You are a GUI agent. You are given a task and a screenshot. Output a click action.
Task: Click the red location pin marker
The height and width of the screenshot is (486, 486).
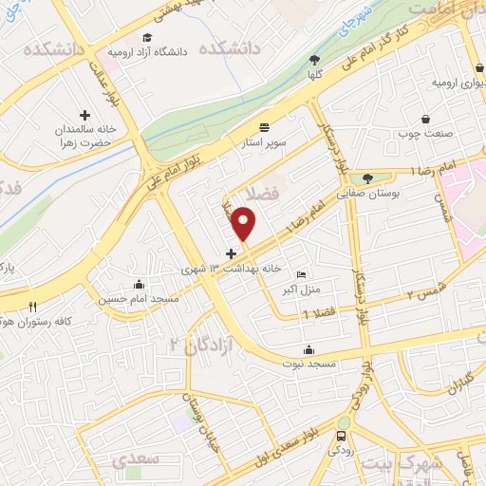pos(245,223)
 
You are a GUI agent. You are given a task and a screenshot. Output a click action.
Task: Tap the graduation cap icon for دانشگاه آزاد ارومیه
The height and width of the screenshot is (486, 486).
pos(147,37)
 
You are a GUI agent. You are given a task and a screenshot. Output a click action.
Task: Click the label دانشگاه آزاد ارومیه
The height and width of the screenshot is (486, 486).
pos(149,50)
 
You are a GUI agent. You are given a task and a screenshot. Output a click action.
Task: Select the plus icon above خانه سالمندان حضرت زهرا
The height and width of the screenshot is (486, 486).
pos(84,115)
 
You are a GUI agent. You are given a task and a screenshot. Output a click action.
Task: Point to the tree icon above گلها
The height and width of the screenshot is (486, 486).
pos(313,59)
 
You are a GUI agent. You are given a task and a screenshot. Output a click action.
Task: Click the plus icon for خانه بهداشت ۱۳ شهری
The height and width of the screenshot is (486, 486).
pos(231,253)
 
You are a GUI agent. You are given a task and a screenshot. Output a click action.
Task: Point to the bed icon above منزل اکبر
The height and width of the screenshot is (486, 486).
pos(302,274)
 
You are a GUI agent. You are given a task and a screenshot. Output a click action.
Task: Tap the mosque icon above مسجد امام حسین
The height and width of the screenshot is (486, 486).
pos(140,284)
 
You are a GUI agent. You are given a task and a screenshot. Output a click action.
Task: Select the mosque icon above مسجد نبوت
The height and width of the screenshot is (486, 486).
pos(307,349)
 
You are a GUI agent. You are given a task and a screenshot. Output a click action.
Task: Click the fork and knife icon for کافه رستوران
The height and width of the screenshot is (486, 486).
pos(33,307)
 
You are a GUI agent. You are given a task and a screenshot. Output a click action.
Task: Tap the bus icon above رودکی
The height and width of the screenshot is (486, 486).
pos(340,436)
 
